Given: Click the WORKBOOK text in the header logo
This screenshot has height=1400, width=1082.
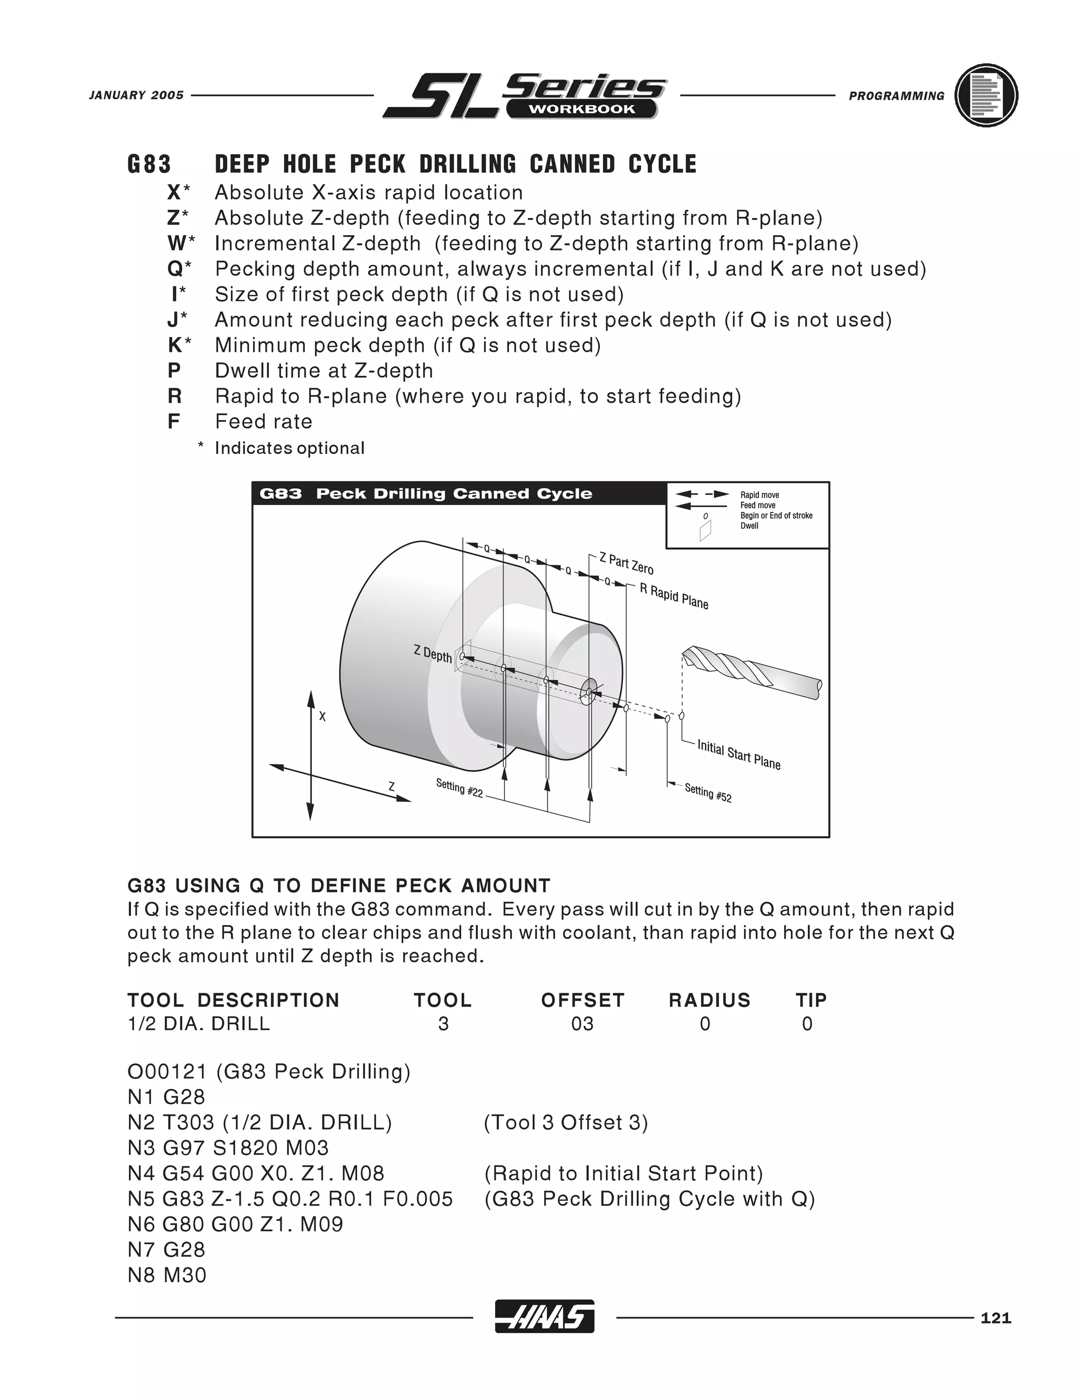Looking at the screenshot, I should coord(581,109).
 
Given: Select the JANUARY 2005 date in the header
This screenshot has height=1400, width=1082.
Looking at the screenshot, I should coord(136,96).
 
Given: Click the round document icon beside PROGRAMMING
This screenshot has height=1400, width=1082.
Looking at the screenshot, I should coord(986,96).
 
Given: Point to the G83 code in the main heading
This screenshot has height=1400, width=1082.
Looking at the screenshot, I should coord(150,165).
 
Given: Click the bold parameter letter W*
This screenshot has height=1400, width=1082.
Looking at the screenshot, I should coord(181,244).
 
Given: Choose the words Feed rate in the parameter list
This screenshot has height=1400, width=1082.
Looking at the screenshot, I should coord(264,422).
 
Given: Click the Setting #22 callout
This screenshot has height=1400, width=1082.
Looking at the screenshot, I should coord(459,788).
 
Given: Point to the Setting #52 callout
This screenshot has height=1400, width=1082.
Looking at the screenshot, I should coord(707,793).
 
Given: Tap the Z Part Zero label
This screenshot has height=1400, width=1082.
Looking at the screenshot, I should coord(626,564).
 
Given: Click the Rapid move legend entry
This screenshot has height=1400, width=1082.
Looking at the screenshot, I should coord(760,495).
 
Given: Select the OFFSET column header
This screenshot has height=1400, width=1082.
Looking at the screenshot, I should coord(582,1000).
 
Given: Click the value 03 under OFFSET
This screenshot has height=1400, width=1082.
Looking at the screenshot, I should coord(582,1024).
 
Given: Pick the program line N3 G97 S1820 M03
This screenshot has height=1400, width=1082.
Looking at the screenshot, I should coord(228,1147).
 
